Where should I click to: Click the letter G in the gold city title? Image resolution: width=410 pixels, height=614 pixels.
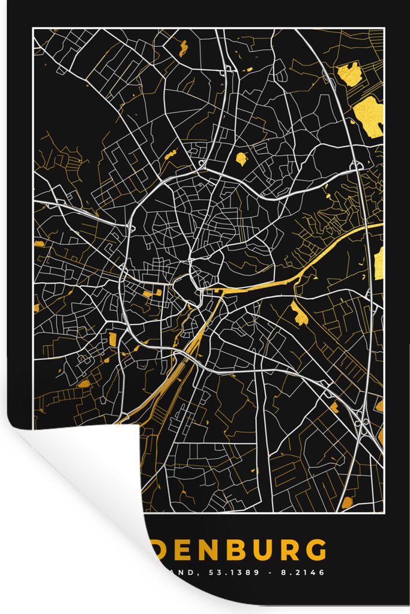[x=316, y=550]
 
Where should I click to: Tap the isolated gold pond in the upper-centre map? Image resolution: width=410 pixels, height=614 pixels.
[x=241, y=159]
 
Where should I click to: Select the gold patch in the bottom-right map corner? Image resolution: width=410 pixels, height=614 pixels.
[x=347, y=503]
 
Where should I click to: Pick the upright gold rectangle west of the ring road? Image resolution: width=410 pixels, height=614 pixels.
[x=112, y=339]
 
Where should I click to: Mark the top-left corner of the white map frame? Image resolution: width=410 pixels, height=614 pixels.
[x=34, y=29]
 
